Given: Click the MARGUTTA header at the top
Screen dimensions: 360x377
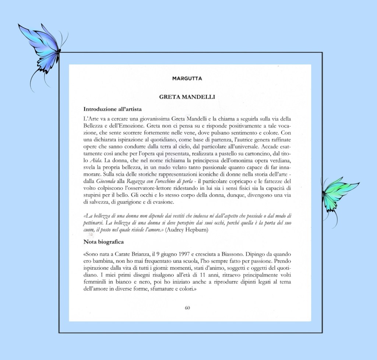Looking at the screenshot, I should [x=187, y=78].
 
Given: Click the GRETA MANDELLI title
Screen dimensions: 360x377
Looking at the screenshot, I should [x=187, y=97].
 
